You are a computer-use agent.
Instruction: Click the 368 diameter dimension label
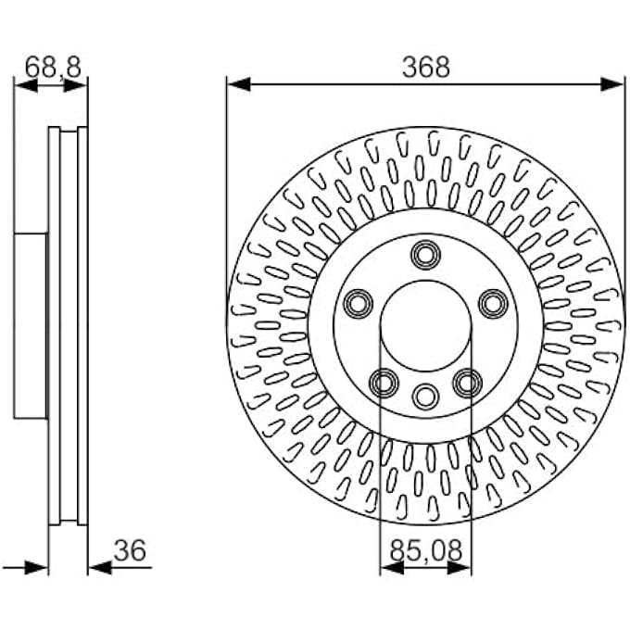point(426,67)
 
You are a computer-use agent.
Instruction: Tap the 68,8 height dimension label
point(53,67)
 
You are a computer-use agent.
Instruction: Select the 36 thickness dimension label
point(130,550)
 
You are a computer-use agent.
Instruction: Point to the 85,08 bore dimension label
point(426,550)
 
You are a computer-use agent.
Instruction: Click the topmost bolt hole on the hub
point(426,255)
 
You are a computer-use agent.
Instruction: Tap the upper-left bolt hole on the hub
point(358,304)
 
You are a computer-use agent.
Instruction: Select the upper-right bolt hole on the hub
point(494,304)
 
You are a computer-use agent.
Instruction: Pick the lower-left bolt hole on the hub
point(384,383)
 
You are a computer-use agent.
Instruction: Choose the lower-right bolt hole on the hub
point(468,383)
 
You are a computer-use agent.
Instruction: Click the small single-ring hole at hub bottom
point(425,397)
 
